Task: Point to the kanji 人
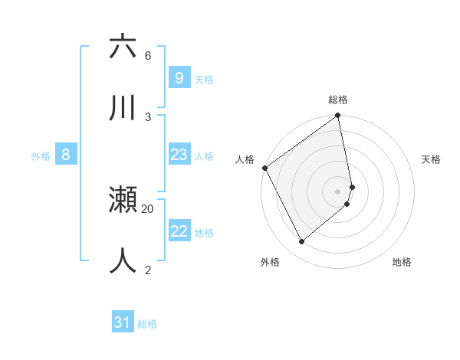(123, 260)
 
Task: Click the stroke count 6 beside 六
(148, 56)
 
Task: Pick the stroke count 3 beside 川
(148, 116)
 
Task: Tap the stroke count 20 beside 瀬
(148, 208)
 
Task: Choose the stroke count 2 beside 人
(148, 270)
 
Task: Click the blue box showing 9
(179, 77)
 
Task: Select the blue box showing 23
(179, 155)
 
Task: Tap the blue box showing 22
(179, 231)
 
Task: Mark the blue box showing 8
(66, 155)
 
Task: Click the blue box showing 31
(123, 322)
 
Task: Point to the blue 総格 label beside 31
(147, 324)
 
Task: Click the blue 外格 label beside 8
(41, 156)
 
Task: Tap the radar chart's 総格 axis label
(338, 100)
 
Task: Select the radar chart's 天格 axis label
(432, 159)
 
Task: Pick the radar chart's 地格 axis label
(402, 262)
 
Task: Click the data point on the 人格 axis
(265, 168)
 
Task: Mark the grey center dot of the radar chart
(338, 191)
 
